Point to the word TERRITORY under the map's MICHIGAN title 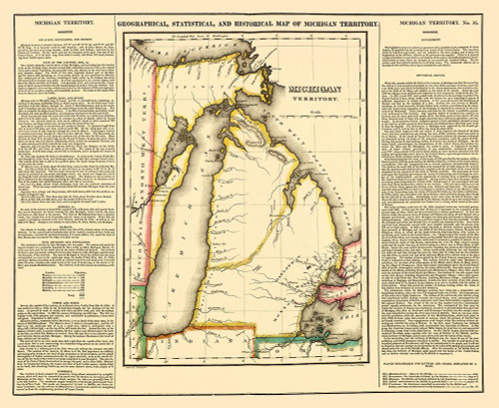pos(313,100)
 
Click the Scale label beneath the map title pos(311,112)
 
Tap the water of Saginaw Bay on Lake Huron pos(336,238)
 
